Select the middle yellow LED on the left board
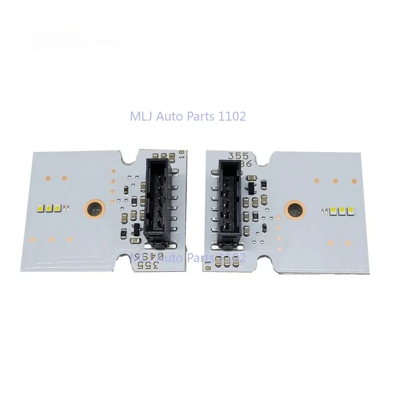click(x=49, y=208)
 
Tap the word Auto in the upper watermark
click(x=171, y=117)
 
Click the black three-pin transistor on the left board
click(x=136, y=228)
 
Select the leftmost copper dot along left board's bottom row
click(x=33, y=239)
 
